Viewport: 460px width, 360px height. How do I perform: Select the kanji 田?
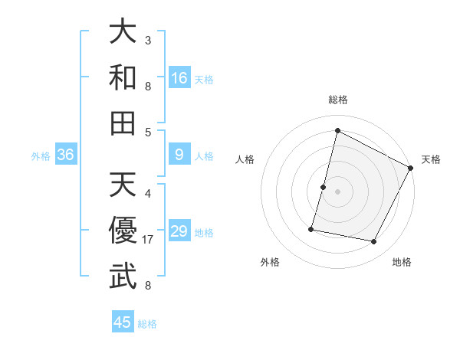coord(123,122)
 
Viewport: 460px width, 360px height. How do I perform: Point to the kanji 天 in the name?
coord(123,185)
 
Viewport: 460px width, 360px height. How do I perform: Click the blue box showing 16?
coord(179,77)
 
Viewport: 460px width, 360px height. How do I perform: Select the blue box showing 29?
coord(179,232)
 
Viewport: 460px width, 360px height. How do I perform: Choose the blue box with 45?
coord(123,322)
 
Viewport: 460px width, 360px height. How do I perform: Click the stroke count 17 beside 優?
coord(149,240)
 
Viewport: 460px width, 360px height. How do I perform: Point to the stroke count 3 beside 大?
coord(148,40)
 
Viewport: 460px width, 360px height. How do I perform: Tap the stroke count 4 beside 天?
coord(148,194)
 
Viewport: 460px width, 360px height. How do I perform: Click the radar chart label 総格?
coord(338,100)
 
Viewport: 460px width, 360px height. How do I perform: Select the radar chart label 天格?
coord(431,159)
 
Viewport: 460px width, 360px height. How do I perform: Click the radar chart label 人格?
coord(245,159)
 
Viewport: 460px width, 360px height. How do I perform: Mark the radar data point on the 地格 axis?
coord(374,242)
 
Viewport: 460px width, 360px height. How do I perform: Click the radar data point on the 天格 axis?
coord(411,167)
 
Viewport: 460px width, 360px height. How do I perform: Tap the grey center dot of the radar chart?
coord(337,191)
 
